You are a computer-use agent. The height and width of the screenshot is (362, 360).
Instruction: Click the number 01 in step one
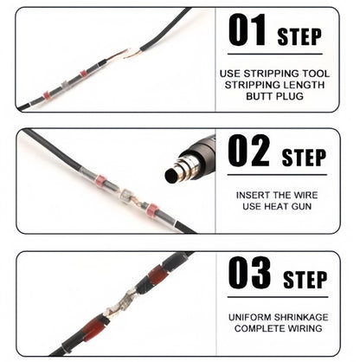pyautogui.click(x=247, y=30)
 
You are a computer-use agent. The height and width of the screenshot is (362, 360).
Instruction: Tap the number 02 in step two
pyautogui.click(x=248, y=151)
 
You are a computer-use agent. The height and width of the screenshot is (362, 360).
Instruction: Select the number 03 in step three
pyautogui.click(x=249, y=273)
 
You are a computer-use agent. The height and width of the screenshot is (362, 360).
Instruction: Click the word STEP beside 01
pyautogui.click(x=299, y=36)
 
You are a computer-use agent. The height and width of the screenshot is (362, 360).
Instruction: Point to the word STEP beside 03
pyautogui.click(x=305, y=280)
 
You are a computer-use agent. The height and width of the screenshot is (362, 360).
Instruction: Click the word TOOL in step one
pyautogui.click(x=316, y=74)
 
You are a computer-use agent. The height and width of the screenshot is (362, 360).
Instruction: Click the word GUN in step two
pyautogui.click(x=301, y=206)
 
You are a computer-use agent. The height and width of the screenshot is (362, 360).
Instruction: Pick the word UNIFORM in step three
pyautogui.click(x=250, y=318)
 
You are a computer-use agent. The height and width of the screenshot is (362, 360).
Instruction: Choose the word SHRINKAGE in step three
pyautogui.click(x=301, y=318)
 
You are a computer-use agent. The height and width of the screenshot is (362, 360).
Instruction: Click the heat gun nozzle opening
pyautogui.click(x=172, y=175)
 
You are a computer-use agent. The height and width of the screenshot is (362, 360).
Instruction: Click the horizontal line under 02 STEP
pyautogui.click(x=277, y=175)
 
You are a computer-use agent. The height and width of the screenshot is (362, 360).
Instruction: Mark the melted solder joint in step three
pyautogui.click(x=121, y=303)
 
